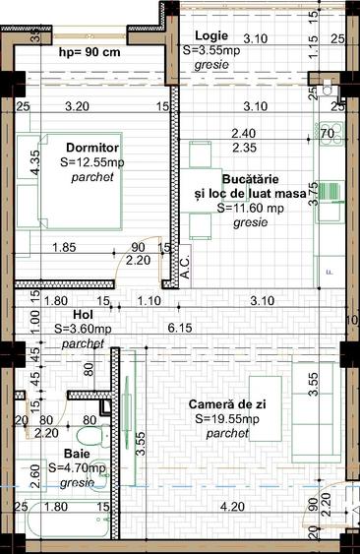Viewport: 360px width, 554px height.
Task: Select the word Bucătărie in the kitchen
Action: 252,180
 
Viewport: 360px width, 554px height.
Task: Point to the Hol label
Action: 68,317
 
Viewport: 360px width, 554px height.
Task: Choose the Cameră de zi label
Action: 226,404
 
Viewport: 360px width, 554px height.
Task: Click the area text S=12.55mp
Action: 98,162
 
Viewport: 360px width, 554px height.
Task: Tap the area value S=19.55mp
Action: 226,419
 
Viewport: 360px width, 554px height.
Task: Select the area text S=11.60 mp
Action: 252,209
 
